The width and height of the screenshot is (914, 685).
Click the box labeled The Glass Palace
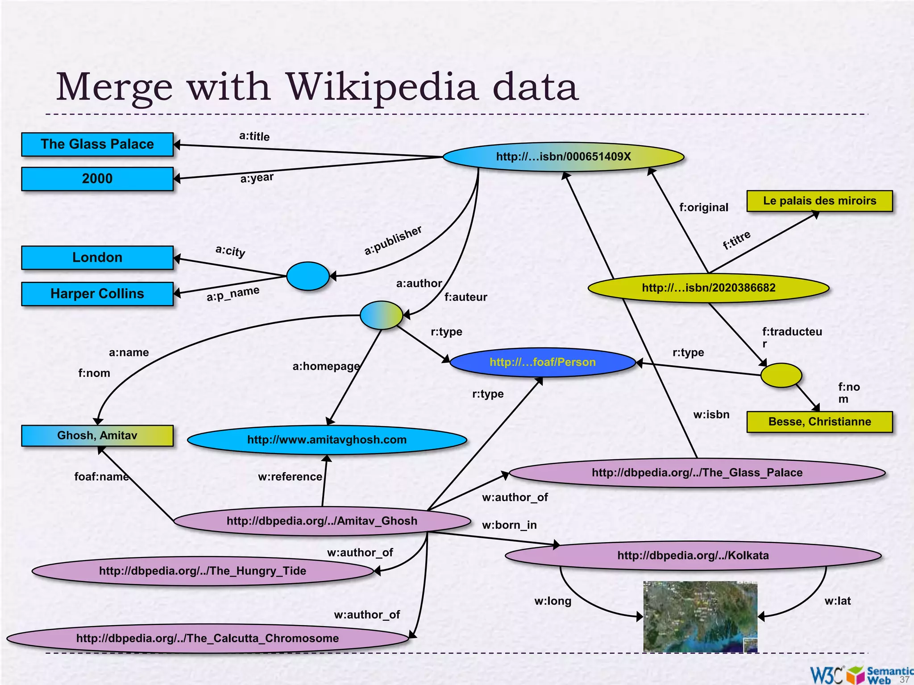click(97, 144)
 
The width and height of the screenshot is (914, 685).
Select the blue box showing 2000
click(97, 179)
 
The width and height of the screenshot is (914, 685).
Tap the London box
click(97, 257)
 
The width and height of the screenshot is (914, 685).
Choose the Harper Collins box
click(97, 293)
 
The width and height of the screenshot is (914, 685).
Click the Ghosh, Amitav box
click(97, 435)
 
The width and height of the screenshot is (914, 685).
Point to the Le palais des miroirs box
click(819, 201)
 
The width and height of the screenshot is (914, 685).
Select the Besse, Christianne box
click(819, 421)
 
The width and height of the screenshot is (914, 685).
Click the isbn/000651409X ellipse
click(563, 157)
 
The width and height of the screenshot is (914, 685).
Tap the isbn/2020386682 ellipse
click(708, 288)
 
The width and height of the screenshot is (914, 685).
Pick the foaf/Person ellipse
click(542, 362)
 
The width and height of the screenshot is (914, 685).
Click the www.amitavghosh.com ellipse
click(327, 440)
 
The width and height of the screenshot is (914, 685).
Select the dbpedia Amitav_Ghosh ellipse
click(322, 521)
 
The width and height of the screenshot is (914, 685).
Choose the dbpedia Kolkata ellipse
click(693, 555)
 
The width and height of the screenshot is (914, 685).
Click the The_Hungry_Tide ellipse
click(203, 571)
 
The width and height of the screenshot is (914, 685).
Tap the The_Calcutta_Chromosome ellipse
click(208, 638)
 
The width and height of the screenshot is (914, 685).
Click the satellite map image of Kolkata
click(700, 616)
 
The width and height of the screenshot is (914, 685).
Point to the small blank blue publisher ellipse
click(307, 276)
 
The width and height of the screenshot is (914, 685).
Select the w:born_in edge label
click(509, 525)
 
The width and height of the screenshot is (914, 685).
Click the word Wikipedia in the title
click(382, 87)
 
